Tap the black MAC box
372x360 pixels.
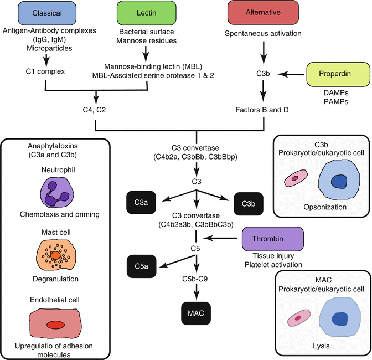pos(197,313)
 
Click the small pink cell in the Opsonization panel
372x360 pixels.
pos(296,178)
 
